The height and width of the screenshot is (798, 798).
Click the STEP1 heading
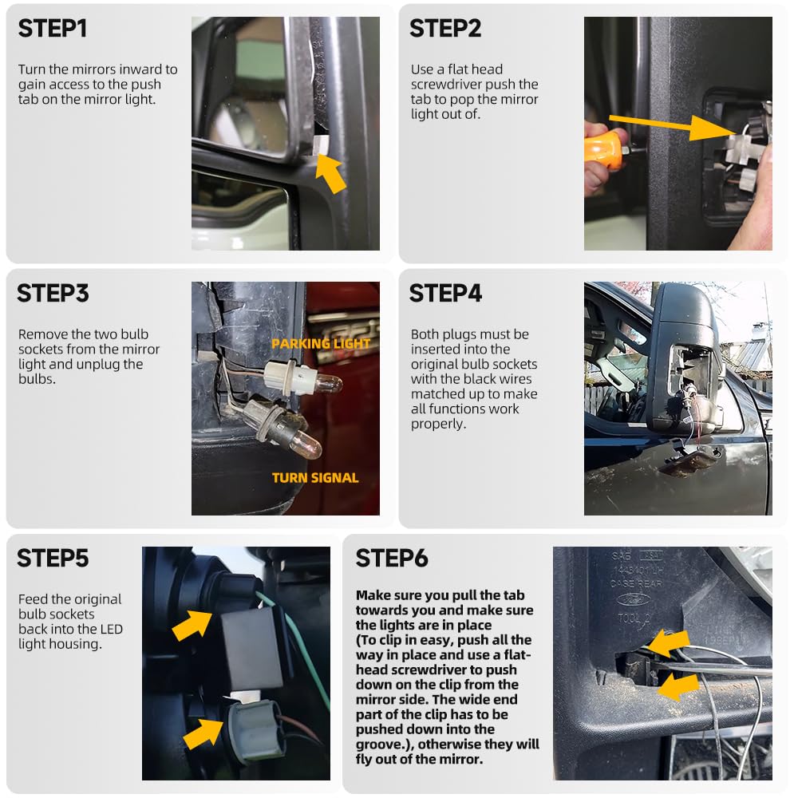(x=53, y=29)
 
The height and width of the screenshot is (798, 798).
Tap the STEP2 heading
(x=445, y=29)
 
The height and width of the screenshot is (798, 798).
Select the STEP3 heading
(x=53, y=294)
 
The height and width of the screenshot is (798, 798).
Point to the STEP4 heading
(x=446, y=294)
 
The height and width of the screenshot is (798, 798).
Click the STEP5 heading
(x=53, y=559)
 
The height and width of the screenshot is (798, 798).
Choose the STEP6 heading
(x=392, y=559)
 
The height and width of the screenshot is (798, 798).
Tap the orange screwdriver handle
(x=603, y=148)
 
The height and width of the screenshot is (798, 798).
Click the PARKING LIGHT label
(x=321, y=343)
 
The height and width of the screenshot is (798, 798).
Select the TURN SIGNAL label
(x=315, y=478)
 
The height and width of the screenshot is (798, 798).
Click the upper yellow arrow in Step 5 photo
(x=192, y=626)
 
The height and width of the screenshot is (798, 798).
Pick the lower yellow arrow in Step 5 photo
(x=203, y=734)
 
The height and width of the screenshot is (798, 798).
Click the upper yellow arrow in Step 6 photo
(x=668, y=643)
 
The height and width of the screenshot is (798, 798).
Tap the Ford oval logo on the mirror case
(x=633, y=600)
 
